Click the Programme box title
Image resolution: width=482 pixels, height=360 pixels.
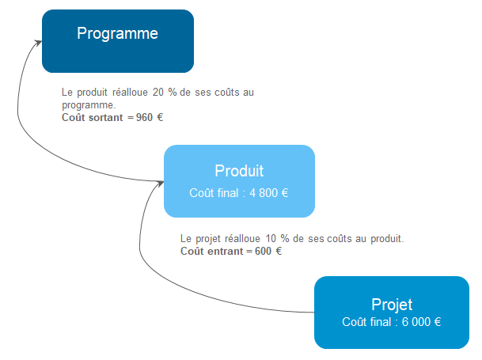click(x=117, y=33)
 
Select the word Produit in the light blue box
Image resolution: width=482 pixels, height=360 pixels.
click(x=239, y=171)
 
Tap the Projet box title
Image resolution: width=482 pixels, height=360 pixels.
click(x=392, y=305)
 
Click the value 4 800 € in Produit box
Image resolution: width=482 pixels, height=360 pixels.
click(x=270, y=192)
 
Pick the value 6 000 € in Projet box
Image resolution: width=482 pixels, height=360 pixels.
click(x=420, y=322)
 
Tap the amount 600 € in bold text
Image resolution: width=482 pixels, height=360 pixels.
click(x=268, y=252)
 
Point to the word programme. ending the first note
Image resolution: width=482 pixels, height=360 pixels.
click(x=89, y=104)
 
